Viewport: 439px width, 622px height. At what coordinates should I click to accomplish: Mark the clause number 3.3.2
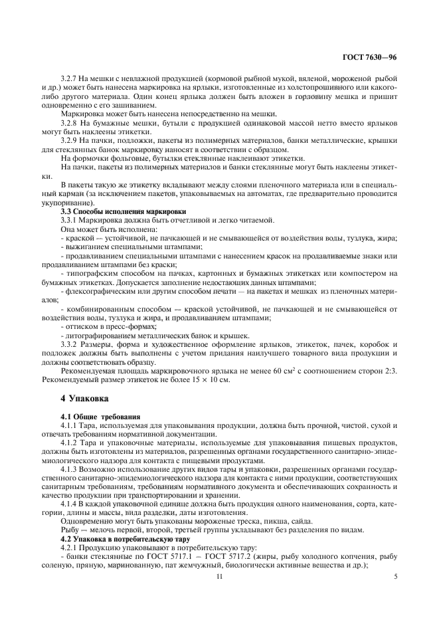point(70,345)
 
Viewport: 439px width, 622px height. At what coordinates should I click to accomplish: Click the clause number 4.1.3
point(70,468)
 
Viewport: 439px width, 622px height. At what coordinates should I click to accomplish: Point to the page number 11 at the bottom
point(219,577)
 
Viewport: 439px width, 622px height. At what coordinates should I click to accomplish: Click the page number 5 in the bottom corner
point(395,577)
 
